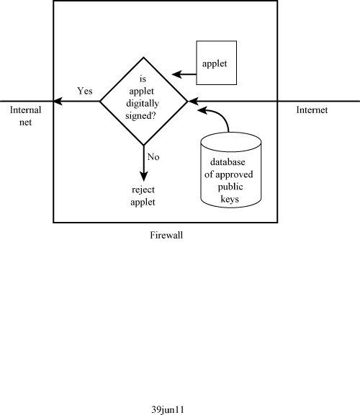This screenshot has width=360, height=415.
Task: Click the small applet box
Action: point(217,63)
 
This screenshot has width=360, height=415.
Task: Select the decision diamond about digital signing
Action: point(143,101)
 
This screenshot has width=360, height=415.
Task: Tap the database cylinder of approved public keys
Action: point(231,169)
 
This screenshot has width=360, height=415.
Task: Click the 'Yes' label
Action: point(85,91)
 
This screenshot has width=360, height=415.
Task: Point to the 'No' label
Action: point(153,156)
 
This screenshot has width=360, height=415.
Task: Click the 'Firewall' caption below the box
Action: point(166,235)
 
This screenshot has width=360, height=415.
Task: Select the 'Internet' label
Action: point(312,110)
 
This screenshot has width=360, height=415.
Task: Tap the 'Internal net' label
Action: point(25,116)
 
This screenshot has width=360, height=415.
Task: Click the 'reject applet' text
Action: point(143,196)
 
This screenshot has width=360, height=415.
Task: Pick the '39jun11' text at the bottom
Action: point(168,409)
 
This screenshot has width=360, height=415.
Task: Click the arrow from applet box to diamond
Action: point(184,74)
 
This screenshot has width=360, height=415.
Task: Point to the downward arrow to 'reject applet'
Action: point(143,164)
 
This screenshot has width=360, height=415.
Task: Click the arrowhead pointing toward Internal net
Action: point(58,101)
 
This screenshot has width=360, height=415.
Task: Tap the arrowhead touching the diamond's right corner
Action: point(192,101)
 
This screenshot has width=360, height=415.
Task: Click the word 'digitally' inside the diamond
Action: point(143,103)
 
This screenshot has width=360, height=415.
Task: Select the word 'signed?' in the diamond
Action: point(140,116)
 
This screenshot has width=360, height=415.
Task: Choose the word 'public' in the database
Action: point(230,187)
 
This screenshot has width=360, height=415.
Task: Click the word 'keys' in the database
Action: point(230,199)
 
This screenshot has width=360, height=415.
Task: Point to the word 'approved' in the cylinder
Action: point(234,174)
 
